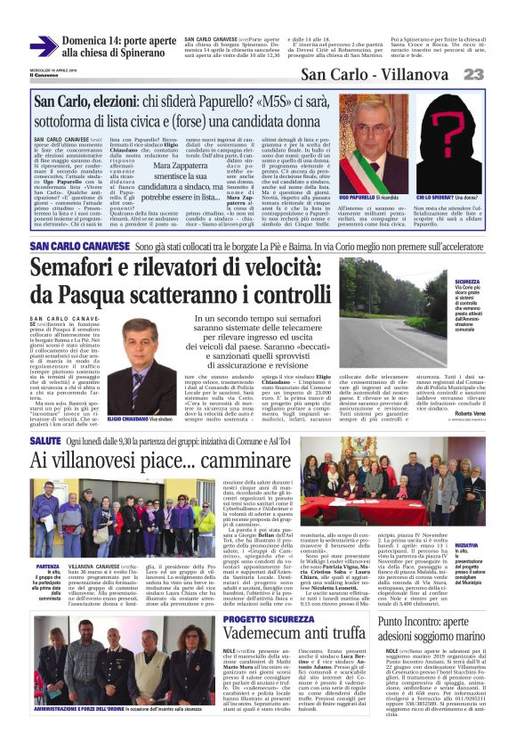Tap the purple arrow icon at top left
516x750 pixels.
click(x=43, y=45)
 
